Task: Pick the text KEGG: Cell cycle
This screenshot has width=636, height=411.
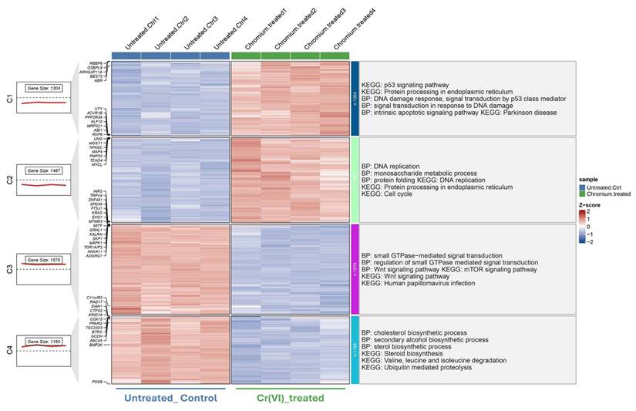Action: (x=389, y=194)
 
